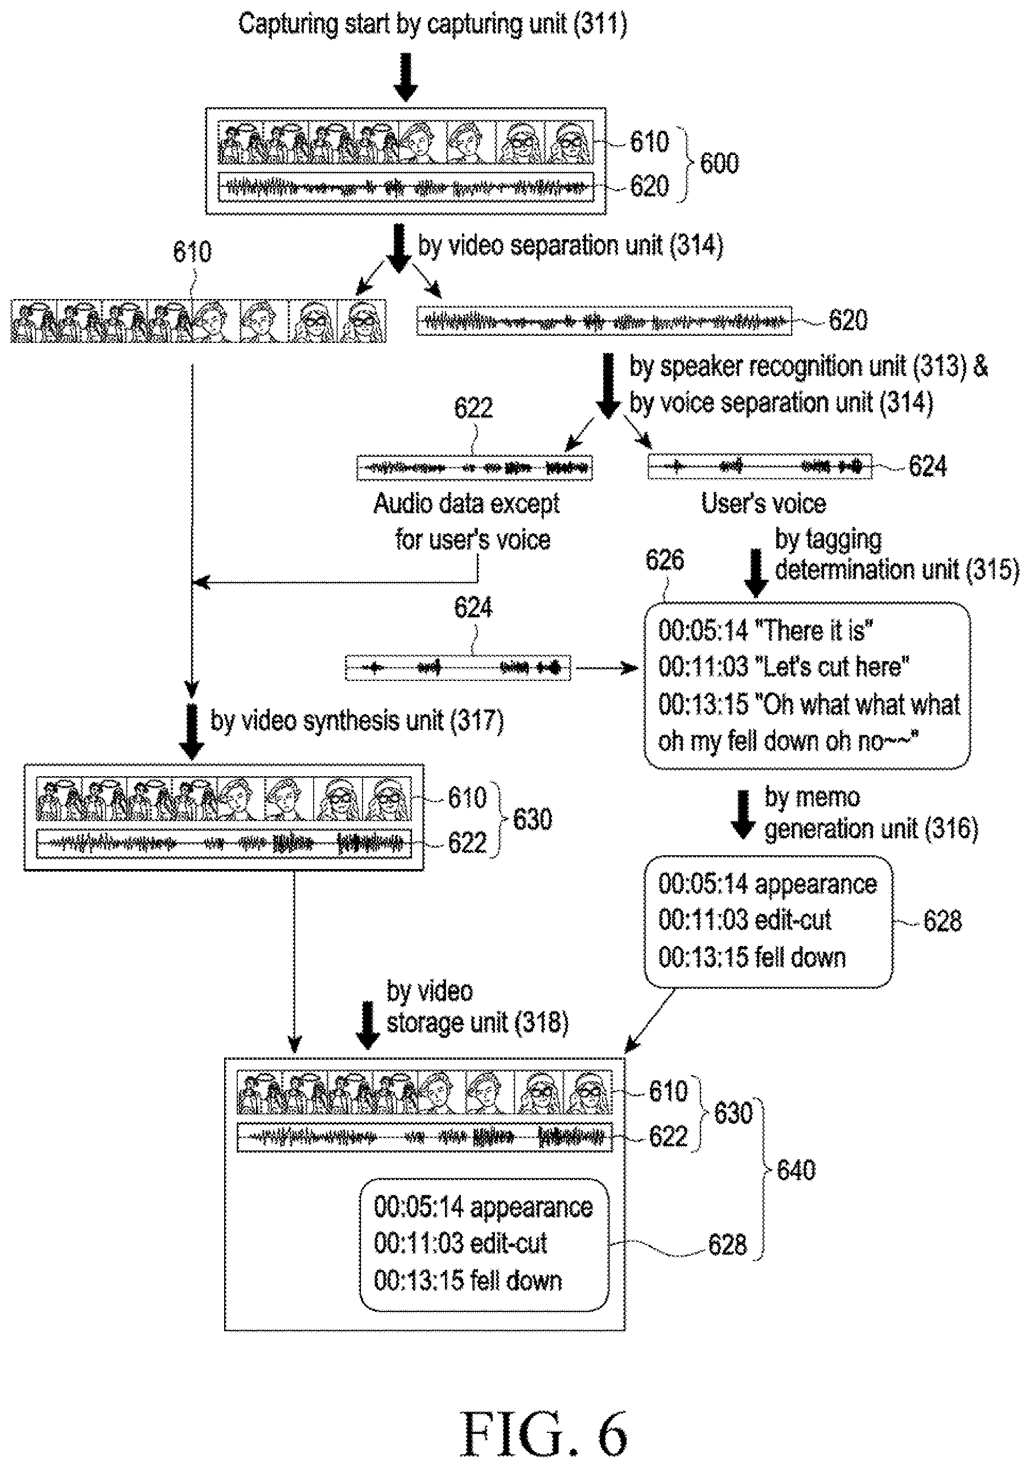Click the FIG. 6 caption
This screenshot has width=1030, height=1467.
pyautogui.click(x=544, y=1433)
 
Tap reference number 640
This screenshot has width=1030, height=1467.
pyautogui.click(x=797, y=1170)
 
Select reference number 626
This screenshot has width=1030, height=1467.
pyautogui.click(x=665, y=560)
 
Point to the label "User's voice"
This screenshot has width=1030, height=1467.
pyautogui.click(x=764, y=503)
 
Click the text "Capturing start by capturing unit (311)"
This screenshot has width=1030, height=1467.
pyautogui.click(x=433, y=24)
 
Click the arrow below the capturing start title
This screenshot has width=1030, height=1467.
pyautogui.click(x=405, y=76)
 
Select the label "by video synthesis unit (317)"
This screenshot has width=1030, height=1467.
pyautogui.click(x=357, y=721)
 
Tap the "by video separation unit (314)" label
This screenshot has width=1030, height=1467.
pyautogui.click(x=570, y=246)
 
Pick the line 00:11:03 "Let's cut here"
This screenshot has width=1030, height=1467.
pyautogui.click(x=784, y=667)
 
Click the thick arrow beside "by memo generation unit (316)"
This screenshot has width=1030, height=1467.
pyautogui.click(x=743, y=815)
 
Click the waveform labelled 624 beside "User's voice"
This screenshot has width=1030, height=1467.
pyautogui.click(x=759, y=467)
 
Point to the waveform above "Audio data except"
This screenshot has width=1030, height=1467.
pyautogui.click(x=475, y=468)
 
